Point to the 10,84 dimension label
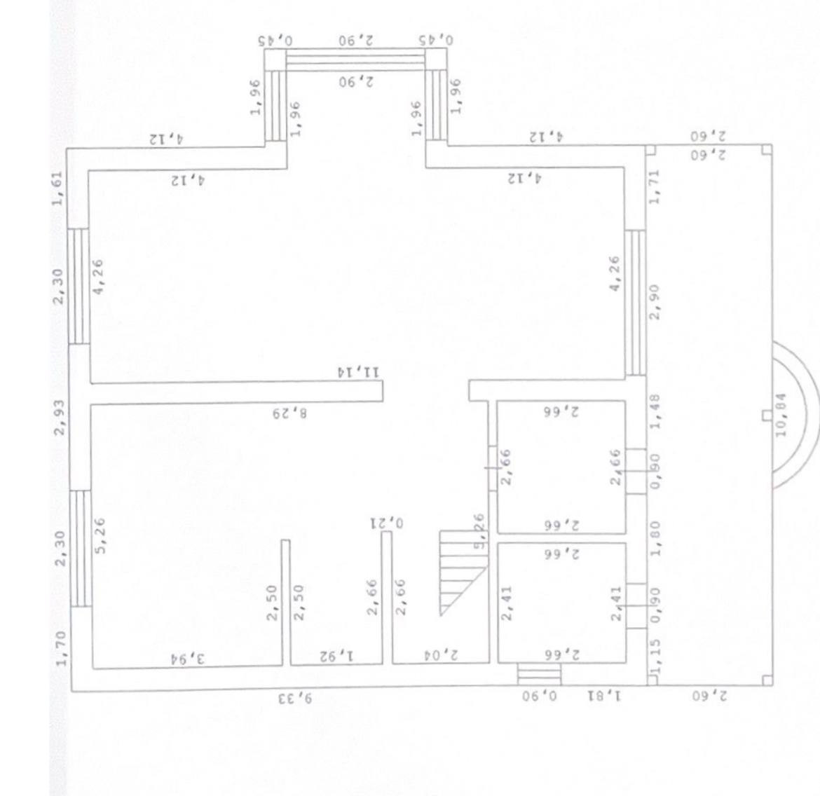click(781, 414)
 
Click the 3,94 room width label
click(187, 657)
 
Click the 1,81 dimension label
click(604, 696)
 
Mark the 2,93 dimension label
click(59, 418)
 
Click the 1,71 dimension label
click(655, 187)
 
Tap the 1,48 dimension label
click(655, 413)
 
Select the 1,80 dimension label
click(655, 537)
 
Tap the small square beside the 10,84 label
click(766, 416)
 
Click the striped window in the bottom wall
click(539, 674)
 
